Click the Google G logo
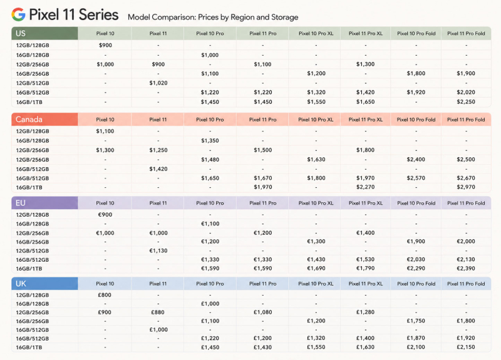(x=18, y=14)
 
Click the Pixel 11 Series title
(x=74, y=14)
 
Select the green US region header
(x=44, y=33)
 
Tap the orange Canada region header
(x=44, y=119)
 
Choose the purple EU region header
(x=44, y=203)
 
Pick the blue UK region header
(x=44, y=284)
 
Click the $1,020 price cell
(x=158, y=83)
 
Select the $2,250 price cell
(x=466, y=102)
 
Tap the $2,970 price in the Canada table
(x=466, y=187)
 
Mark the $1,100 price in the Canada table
(x=105, y=131)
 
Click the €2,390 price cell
(x=466, y=269)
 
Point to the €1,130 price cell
(x=158, y=251)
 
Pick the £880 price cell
(x=158, y=312)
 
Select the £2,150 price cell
(x=466, y=347)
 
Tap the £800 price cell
(x=105, y=295)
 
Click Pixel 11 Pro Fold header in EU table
(x=466, y=203)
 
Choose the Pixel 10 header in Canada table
(x=105, y=120)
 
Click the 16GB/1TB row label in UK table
(x=29, y=347)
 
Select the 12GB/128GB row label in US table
(x=33, y=45)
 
